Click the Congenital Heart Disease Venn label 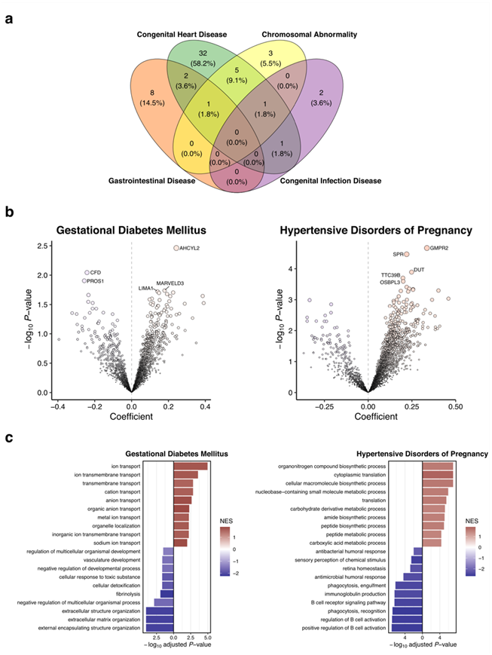coord(182,35)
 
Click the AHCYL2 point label coord(194,248)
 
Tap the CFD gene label coord(96,272)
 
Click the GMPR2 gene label coord(440,248)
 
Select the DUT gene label coord(420,270)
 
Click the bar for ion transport coord(191,467)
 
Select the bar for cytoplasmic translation coord(438,475)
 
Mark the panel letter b coord(9,213)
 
